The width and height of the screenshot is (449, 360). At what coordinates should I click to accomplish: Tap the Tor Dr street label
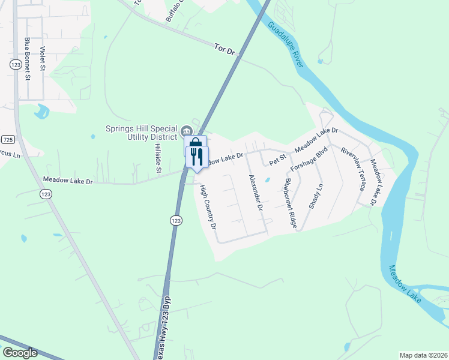coord(224,49)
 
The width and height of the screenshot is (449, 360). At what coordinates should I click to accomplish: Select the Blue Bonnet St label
coord(27,58)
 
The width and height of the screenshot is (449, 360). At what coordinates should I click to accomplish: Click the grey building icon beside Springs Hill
coord(186,130)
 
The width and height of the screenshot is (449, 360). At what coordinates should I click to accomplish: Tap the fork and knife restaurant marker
coord(196,157)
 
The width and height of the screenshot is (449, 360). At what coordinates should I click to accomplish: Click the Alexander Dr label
coord(256,192)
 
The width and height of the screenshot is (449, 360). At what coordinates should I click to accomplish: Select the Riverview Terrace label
coord(352,169)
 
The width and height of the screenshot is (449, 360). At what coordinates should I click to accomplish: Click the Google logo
coord(19,353)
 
